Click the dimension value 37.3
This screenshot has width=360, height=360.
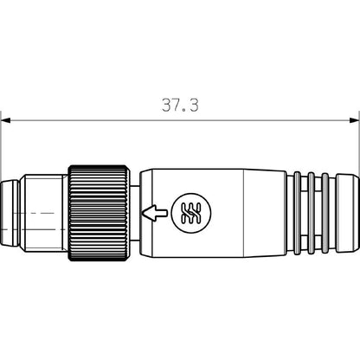(x=180, y=105)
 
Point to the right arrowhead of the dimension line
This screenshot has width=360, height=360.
(x=355, y=119)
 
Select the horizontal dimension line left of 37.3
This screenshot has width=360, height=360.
(x=87, y=119)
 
